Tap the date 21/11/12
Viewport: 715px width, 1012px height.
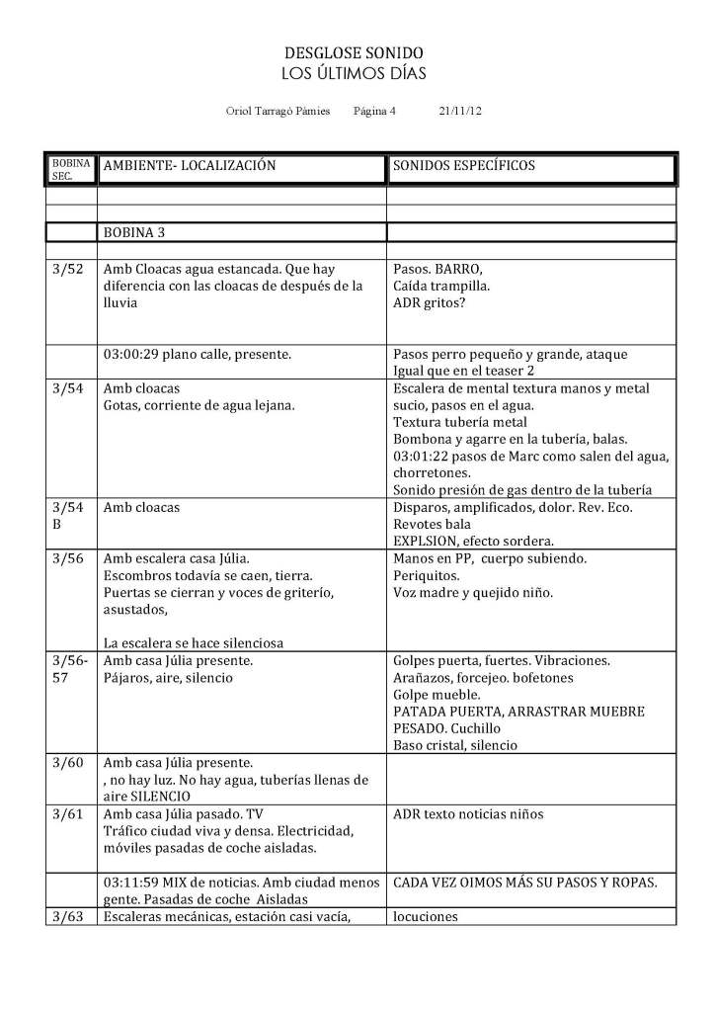pyautogui.click(x=459, y=113)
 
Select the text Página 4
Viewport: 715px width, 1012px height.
pyautogui.click(x=373, y=113)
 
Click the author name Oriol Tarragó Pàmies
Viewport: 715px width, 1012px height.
pyautogui.click(x=278, y=113)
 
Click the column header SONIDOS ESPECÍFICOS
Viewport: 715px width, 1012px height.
pyautogui.click(x=463, y=166)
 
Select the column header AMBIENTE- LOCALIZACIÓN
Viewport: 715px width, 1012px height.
pyautogui.click(x=189, y=166)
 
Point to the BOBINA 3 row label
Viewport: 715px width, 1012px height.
pyautogui.click(x=136, y=233)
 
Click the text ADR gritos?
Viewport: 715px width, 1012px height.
pyautogui.click(x=431, y=303)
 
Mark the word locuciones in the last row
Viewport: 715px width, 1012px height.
pyautogui.click(x=425, y=916)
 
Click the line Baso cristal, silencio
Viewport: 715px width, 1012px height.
pyautogui.click(x=454, y=745)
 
